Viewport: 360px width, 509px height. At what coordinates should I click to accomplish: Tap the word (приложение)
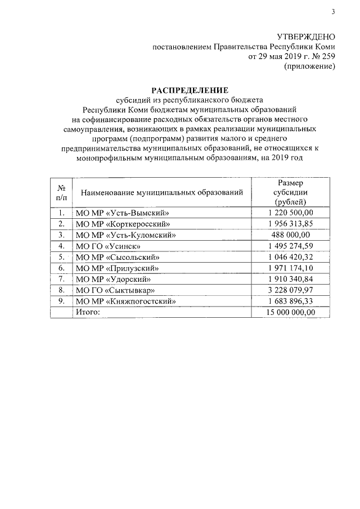pyautogui.click(x=310, y=67)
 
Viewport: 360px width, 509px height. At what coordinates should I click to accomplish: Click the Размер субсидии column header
pyautogui.click(x=290, y=193)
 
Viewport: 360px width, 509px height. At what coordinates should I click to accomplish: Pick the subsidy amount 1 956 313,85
pyautogui.click(x=290, y=224)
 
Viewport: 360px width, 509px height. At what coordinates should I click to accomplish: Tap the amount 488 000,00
pyautogui.click(x=290, y=235)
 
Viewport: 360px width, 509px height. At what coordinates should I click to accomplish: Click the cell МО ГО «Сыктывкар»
pyautogui.click(x=115, y=290)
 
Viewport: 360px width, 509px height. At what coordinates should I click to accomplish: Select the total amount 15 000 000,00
pyautogui.click(x=290, y=312)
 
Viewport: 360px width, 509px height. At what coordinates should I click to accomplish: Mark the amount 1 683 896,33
pyautogui.click(x=290, y=301)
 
